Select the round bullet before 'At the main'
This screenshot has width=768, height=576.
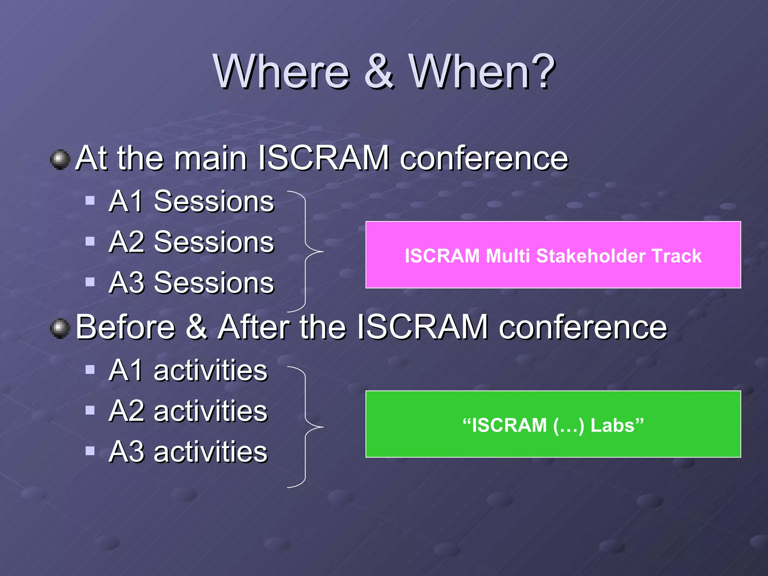pos(60,160)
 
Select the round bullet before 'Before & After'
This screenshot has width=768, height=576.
pos(60,329)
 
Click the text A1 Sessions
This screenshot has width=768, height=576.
pos(191,201)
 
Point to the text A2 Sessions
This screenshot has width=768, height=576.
pos(191,242)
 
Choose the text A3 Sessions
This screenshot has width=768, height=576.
pos(191,283)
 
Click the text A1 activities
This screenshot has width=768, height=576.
pos(188,370)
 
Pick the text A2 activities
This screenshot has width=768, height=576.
pos(188,411)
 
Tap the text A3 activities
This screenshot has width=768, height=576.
pos(188,451)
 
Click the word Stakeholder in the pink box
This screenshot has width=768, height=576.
pos(591,256)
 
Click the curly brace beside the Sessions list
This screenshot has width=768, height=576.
pos(306,251)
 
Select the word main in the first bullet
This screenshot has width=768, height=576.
pos(210,158)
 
